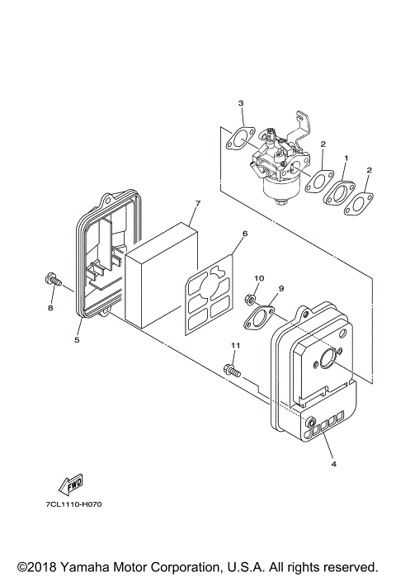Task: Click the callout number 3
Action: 241,103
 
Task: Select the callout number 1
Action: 346,157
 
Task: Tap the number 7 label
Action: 198,203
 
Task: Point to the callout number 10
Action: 258,278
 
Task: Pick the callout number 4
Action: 333,463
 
